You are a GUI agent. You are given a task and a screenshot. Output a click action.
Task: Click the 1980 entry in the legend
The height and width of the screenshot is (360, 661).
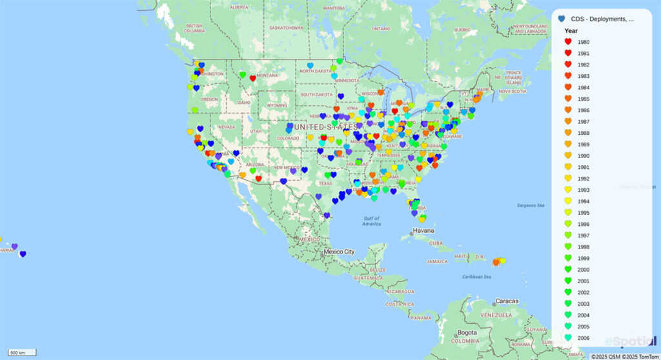tap(583, 42)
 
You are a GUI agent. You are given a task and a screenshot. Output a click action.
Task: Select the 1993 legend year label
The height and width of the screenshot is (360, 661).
tap(583, 190)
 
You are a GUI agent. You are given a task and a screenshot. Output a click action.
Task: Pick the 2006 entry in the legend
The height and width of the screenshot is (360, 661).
tap(583, 337)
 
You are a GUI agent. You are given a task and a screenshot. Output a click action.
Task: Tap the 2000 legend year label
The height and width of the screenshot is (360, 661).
tap(583, 270)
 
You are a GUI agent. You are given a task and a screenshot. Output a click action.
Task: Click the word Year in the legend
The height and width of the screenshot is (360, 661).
tap(571, 30)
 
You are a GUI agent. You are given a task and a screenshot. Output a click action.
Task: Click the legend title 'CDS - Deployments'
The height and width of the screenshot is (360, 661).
tap(602, 19)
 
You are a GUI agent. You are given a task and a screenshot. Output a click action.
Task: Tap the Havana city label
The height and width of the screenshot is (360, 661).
tap(423, 230)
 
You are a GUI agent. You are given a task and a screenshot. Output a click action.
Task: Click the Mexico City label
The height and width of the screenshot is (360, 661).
tap(339, 252)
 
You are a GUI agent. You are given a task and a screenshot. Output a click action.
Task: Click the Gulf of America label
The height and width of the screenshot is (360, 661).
tap(371, 221)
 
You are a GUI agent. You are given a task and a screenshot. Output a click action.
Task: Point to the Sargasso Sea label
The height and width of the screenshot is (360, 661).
tap(531, 205)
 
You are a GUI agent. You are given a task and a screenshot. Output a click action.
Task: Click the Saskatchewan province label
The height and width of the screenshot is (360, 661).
tap(287, 28)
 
